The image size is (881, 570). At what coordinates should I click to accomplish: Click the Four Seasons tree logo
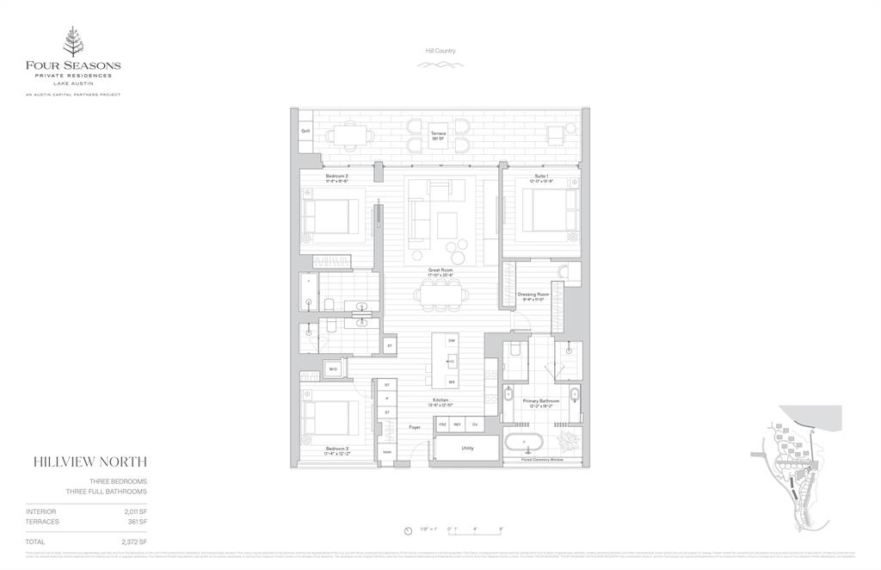72,40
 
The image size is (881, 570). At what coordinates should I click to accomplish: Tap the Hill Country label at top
440,51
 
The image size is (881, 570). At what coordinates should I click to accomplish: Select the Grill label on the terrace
305,131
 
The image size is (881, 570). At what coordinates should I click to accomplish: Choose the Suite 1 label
541,177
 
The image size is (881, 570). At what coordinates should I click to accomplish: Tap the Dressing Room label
533,296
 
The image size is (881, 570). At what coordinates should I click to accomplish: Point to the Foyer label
415,426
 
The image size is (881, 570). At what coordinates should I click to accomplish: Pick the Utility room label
468,449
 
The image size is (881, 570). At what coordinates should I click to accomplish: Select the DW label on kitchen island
452,341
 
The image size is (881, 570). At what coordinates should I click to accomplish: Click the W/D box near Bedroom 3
332,369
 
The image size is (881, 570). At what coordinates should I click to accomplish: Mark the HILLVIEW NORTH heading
89,462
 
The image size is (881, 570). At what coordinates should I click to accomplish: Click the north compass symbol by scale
409,530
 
